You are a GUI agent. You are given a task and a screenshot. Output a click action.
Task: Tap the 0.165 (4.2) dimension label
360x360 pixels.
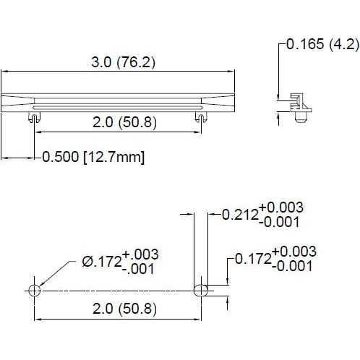click(322, 44)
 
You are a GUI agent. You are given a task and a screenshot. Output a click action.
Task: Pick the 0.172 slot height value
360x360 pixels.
click(251, 258)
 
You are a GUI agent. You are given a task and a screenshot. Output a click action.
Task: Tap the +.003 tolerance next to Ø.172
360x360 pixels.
click(140, 254)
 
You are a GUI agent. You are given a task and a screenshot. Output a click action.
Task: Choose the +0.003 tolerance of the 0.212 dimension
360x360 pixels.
click(282, 207)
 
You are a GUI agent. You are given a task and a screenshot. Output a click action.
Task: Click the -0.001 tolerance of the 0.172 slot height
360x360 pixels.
click(293, 265)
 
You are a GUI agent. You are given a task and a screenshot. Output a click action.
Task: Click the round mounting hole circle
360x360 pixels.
click(34, 290)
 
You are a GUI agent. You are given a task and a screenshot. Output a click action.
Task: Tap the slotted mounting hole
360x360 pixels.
click(202, 290)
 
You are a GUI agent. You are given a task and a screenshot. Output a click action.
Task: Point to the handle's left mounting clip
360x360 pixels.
click(34, 116)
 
